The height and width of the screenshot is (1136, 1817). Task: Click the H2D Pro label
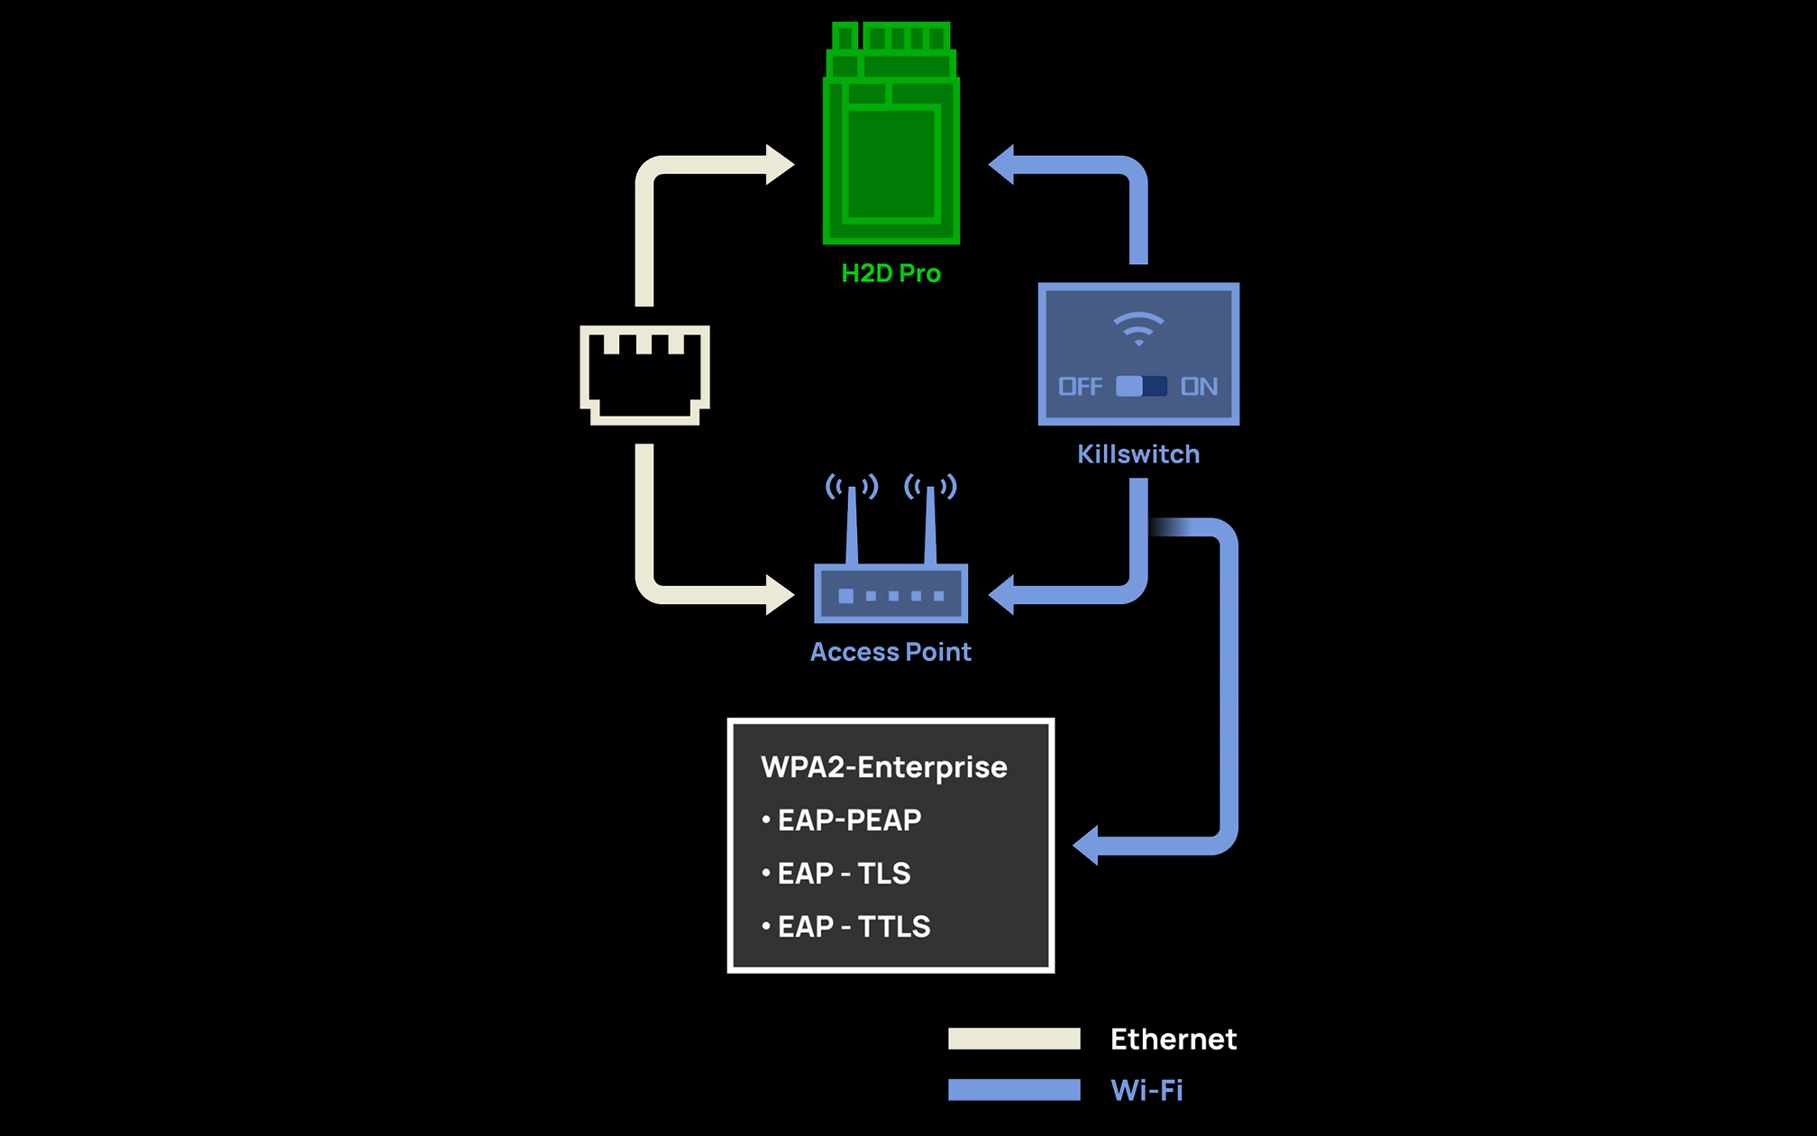(x=890, y=273)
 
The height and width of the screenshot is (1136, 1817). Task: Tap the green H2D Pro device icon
(x=891, y=144)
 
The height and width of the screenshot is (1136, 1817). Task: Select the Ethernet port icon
(x=644, y=374)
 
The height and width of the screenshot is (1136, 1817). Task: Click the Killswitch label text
(x=1138, y=454)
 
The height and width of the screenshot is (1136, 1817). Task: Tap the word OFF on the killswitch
(x=1080, y=387)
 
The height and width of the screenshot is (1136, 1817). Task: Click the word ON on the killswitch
(x=1199, y=387)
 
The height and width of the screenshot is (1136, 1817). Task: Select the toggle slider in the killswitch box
(x=1141, y=387)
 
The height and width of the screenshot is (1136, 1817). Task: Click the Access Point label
(x=890, y=652)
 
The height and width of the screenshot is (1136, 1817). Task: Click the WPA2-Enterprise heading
(x=884, y=767)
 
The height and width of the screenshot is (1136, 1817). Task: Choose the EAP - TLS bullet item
(x=844, y=874)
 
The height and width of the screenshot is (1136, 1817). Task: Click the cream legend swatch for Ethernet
(x=1014, y=1039)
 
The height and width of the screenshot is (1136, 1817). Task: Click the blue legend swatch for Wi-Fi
(x=1014, y=1090)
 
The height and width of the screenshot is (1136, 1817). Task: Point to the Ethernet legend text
(x=1173, y=1039)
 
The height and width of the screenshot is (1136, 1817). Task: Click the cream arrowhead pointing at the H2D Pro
(x=779, y=165)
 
